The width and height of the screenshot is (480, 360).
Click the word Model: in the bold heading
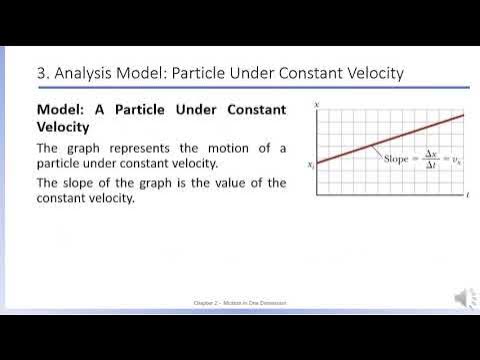point(64,109)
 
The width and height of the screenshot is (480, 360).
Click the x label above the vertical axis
point(317,104)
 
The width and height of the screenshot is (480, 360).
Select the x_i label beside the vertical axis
point(311,164)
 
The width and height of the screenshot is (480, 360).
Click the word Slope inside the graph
point(396,160)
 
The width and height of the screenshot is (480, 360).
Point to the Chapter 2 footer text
point(240,301)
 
